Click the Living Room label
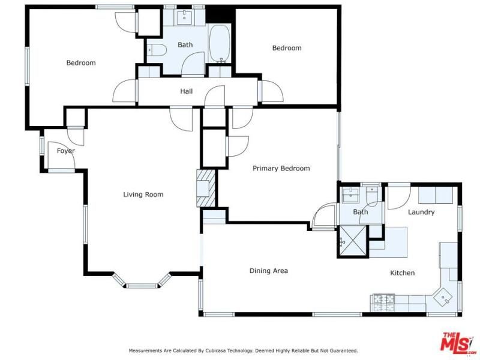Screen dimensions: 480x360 click(143, 194)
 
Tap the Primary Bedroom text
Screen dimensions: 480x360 click(281, 169)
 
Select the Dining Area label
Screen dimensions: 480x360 click(268, 271)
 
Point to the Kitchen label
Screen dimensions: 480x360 click(402, 273)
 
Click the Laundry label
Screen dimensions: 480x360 click(421, 212)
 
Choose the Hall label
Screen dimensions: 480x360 click(187, 91)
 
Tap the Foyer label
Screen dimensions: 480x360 click(66, 151)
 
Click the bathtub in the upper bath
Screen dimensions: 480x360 click(220, 43)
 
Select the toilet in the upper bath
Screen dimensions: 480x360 click(156, 50)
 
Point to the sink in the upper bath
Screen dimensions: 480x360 click(184, 17)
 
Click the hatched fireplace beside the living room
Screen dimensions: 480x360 click(206, 188)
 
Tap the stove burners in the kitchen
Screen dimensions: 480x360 click(383, 303)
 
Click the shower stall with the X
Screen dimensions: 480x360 click(353, 241)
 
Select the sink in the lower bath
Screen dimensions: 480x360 click(350, 196)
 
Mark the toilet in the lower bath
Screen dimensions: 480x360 click(372, 197)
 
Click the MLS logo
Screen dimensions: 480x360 click(456, 342)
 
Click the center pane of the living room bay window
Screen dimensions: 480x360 click(142, 286)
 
